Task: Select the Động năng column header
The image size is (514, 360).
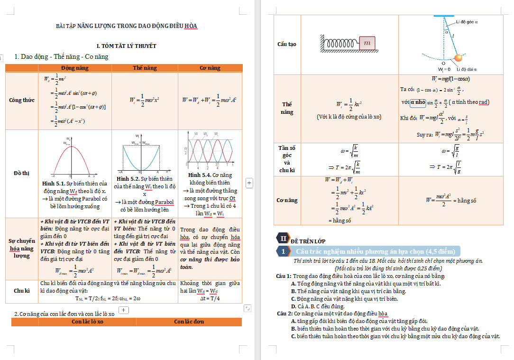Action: [74, 68]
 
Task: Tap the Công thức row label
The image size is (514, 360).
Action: [21, 100]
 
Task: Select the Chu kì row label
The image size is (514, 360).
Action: [21, 290]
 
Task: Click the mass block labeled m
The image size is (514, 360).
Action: [367, 43]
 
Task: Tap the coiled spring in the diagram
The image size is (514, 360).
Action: [341, 43]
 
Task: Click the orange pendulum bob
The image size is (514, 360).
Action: [458, 58]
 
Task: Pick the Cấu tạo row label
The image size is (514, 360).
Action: [287, 44]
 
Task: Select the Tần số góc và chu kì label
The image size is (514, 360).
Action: [287, 159]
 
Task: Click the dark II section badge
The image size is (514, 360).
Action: [284, 238]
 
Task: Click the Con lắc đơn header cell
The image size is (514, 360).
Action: [189, 322]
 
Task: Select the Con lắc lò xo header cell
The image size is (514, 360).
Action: [87, 322]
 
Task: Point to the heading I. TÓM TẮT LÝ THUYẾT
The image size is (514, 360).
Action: [127, 46]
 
